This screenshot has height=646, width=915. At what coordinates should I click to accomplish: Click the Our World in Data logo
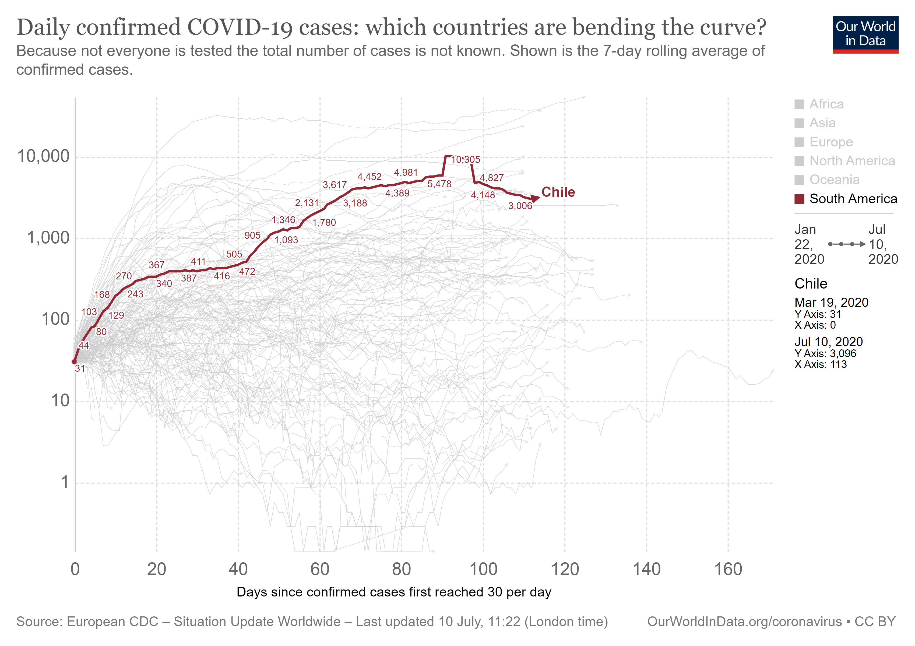click(865, 34)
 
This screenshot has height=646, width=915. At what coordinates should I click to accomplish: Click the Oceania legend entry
click(834, 180)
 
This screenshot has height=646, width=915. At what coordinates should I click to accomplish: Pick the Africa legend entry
click(826, 104)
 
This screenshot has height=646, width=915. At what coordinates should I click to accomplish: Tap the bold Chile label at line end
click(558, 192)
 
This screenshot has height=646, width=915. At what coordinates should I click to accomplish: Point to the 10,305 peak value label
click(466, 159)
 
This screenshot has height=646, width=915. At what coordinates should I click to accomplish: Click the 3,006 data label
click(520, 206)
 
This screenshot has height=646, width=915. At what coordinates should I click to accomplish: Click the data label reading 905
click(252, 236)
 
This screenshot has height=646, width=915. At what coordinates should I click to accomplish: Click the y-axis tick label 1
click(65, 482)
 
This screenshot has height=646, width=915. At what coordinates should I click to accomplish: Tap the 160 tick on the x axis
click(728, 569)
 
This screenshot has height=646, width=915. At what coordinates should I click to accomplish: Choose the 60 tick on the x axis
click(320, 569)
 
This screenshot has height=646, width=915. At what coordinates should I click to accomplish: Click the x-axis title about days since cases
click(394, 592)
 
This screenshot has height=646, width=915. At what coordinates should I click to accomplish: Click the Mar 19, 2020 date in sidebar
click(831, 303)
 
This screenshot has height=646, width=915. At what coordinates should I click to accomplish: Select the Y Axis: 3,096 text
click(825, 353)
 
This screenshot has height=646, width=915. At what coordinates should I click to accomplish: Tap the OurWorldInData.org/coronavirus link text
click(744, 622)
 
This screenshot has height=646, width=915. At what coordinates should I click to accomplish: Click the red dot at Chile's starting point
click(74, 362)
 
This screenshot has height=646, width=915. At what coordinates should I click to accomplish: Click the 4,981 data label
click(406, 173)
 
